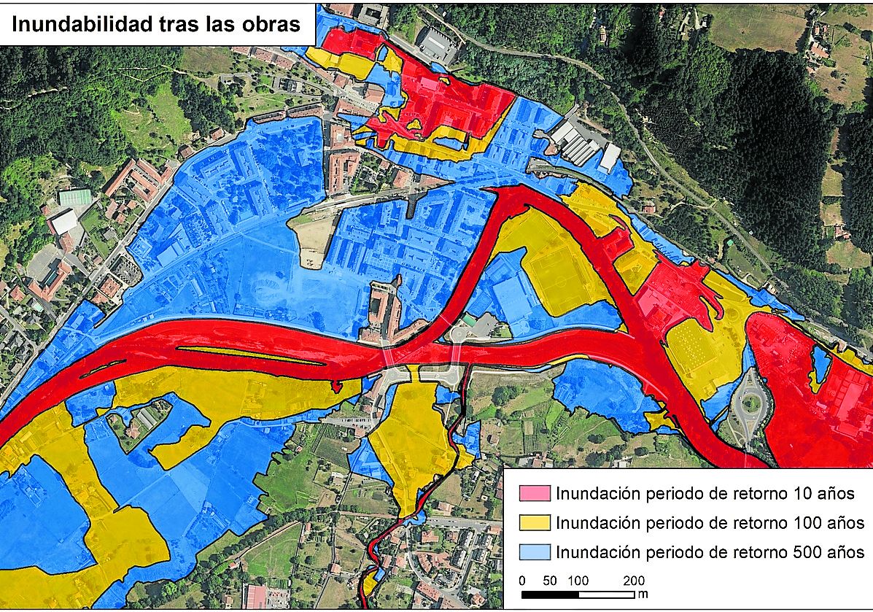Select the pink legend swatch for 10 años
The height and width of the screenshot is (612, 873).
tap(534, 493)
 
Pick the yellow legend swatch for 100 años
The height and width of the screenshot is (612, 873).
tap(534, 522)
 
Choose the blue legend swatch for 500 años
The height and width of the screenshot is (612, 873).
tap(534, 551)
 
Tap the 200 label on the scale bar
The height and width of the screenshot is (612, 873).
tap(635, 581)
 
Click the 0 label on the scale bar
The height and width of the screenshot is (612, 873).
tap(522, 581)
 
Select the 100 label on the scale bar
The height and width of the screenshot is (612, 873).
tap(578, 581)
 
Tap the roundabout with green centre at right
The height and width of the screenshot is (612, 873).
tap(749, 403)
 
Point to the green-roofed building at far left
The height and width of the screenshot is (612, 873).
tap(75, 197)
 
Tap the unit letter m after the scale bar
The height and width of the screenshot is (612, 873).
tap(643, 594)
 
